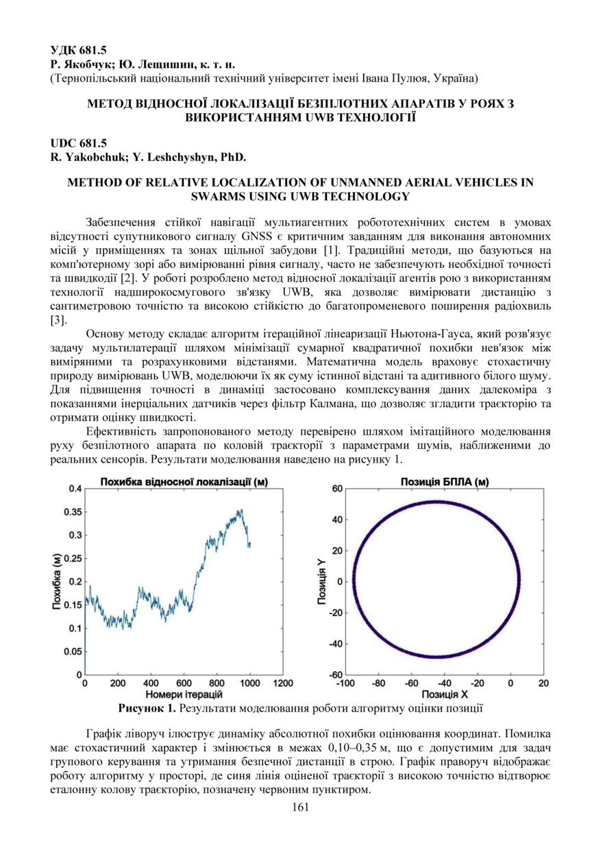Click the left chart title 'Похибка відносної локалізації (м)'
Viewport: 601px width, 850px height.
tap(184, 483)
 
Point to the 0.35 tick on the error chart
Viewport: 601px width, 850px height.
tap(71, 512)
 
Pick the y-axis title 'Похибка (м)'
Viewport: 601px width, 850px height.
tap(57, 582)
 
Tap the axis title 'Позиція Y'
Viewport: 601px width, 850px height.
tap(321, 582)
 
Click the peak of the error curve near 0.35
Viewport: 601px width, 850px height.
tap(241, 510)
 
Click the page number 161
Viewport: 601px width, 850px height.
tap(300, 807)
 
